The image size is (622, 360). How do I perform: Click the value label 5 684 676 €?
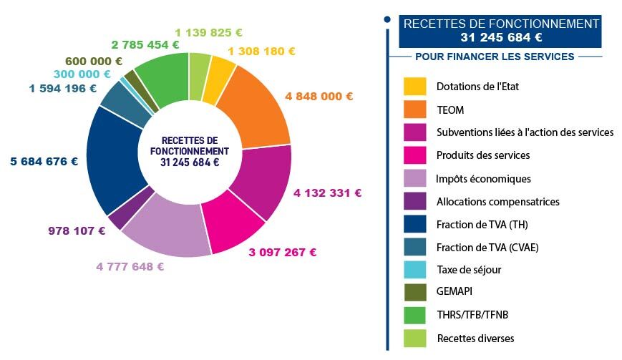coord(44,161)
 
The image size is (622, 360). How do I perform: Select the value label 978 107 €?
coord(77,230)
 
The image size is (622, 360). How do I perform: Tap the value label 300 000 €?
coord(82,74)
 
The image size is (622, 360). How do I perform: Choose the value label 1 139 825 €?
coord(209,32)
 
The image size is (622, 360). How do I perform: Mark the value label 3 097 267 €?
coord(283,252)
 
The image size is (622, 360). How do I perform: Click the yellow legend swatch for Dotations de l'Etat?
coord(414,87)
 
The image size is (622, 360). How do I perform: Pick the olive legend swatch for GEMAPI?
coord(414,291)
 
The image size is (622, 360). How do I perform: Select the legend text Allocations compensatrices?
coord(497,202)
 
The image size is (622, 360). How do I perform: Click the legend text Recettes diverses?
coord(475,338)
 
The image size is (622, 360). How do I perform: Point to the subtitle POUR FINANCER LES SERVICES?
coord(495,57)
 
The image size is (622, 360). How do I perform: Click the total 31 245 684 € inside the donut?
coord(190,162)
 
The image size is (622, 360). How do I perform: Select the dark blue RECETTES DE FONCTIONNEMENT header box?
coord(500,31)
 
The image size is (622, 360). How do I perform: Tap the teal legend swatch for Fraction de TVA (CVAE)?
coord(414,247)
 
